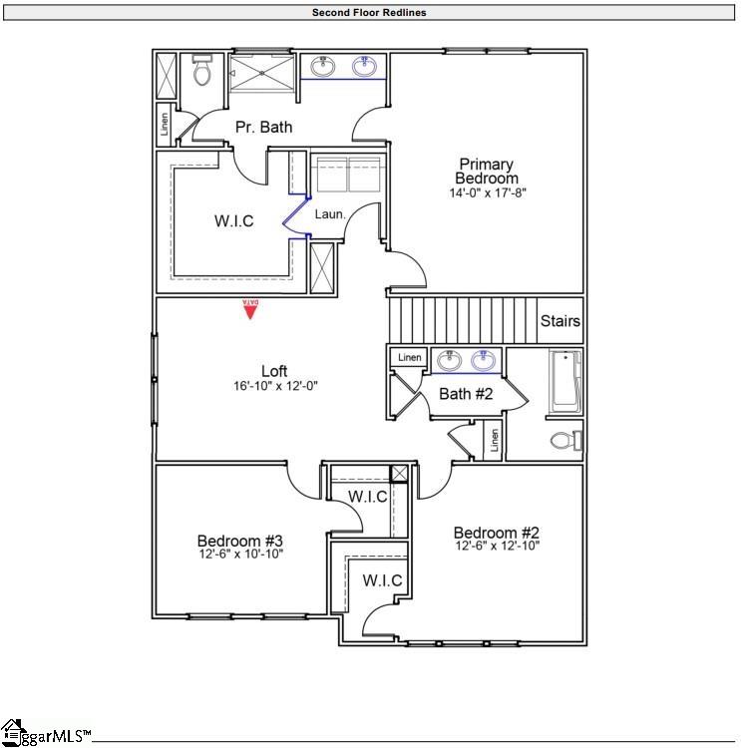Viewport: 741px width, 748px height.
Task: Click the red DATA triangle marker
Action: (x=251, y=310)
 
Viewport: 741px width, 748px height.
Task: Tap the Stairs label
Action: (x=559, y=322)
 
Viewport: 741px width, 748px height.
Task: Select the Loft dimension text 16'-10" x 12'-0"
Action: (x=274, y=385)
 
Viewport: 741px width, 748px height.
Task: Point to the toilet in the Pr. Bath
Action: (x=202, y=71)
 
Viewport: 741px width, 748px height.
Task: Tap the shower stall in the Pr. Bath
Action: (x=263, y=73)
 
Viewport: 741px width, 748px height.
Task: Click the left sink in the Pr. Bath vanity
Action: (x=322, y=68)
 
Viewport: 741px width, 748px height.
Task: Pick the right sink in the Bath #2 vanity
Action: (x=485, y=359)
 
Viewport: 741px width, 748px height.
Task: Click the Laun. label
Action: (x=330, y=213)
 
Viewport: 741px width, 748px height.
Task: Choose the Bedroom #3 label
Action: (x=239, y=541)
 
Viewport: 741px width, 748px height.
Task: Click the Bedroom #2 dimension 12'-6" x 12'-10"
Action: (x=497, y=547)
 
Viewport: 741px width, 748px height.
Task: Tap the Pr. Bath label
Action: (x=263, y=127)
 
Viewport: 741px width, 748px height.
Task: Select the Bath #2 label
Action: (x=466, y=394)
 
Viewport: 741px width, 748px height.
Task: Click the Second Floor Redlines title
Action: (x=370, y=13)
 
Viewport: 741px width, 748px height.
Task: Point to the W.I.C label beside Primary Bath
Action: (x=233, y=221)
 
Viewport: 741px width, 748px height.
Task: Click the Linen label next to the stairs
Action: (x=409, y=357)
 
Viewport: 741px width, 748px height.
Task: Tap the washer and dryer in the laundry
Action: (x=348, y=171)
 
